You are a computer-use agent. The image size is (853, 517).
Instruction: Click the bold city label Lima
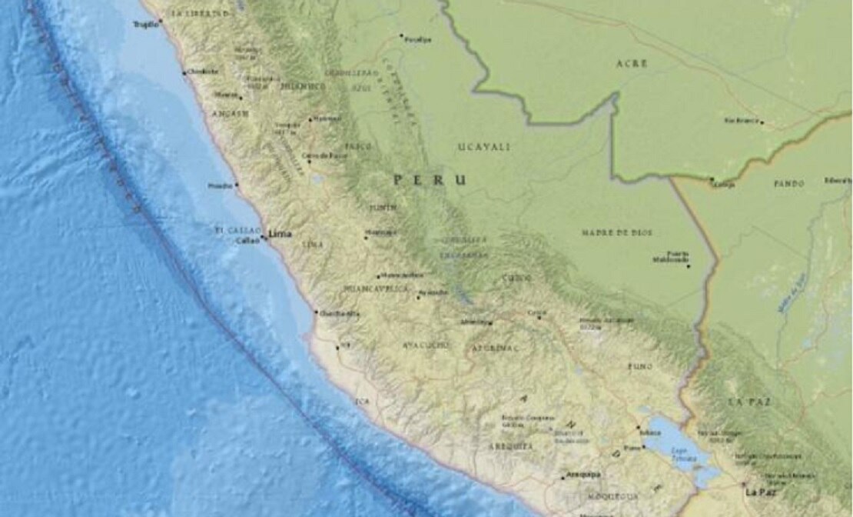[280, 233]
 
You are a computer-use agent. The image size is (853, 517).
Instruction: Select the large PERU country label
[430, 180]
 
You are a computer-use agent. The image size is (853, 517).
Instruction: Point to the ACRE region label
[632, 64]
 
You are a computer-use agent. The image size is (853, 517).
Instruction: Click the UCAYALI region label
[484, 146]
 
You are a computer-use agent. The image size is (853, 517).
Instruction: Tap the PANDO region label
[789, 184]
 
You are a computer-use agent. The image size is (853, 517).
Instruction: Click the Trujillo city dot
[160, 22]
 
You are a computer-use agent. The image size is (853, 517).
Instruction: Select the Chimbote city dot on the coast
[184, 73]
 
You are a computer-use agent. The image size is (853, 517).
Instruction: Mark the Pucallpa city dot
[400, 35]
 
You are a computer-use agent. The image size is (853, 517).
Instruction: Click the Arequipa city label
[582, 475]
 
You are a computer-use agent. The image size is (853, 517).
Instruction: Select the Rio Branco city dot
[762, 122]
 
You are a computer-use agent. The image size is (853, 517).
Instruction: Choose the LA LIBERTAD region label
[201, 14]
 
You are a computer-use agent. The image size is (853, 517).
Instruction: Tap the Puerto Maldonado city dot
[689, 266]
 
